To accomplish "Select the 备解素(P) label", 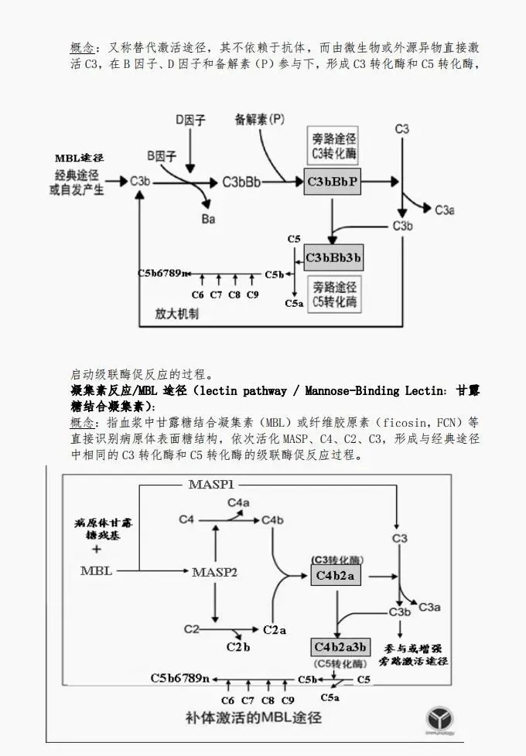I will pos(259,120).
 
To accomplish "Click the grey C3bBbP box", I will pos(333,182).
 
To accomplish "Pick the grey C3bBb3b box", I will pos(333,257).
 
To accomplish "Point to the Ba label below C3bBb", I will pos(208,219).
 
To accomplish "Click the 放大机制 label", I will pos(177,314).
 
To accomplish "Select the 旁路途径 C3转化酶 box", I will pos(334,145).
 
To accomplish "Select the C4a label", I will pos(238,503).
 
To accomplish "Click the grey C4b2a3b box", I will pos(340,646).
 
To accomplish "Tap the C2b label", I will pos(238,646).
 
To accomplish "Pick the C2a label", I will pos(275,629).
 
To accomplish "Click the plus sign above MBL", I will pos(96,550).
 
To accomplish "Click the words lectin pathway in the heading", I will pos(236,390).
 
